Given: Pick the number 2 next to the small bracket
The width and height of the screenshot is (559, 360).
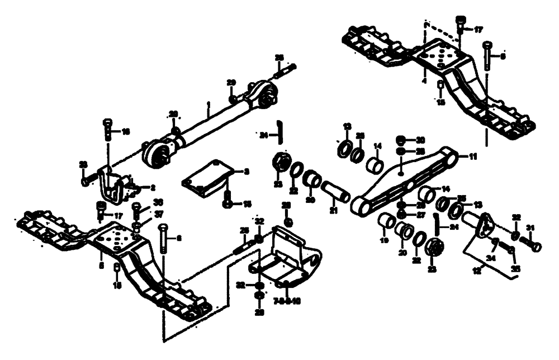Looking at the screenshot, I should [151, 187].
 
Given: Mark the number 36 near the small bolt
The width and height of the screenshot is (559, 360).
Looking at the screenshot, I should [158, 202].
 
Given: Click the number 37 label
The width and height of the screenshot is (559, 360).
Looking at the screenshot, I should [159, 215].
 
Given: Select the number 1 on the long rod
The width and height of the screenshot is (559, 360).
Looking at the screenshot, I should [207, 105].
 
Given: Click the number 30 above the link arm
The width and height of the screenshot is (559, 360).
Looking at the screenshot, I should [420, 139].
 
